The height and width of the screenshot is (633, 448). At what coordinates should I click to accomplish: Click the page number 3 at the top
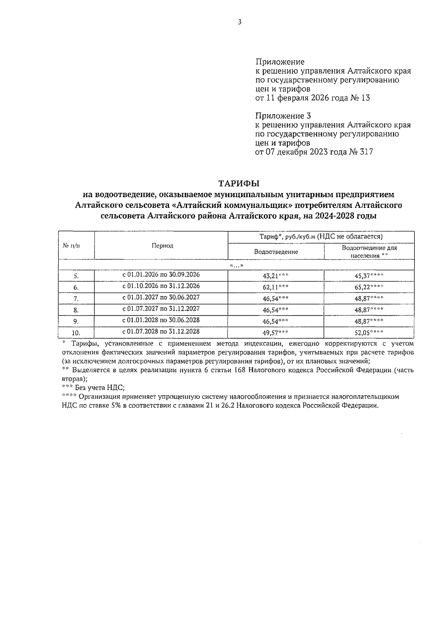click(x=240, y=22)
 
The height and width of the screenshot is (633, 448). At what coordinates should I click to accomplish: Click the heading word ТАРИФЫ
click(x=239, y=184)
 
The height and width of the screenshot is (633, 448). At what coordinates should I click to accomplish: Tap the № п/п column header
click(x=71, y=246)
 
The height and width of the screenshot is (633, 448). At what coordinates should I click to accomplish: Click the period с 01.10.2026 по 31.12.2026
click(x=161, y=286)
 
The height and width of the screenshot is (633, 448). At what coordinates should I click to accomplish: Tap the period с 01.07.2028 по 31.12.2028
click(x=161, y=331)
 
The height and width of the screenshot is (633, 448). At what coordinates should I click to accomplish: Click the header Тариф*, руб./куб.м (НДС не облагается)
click(x=321, y=237)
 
